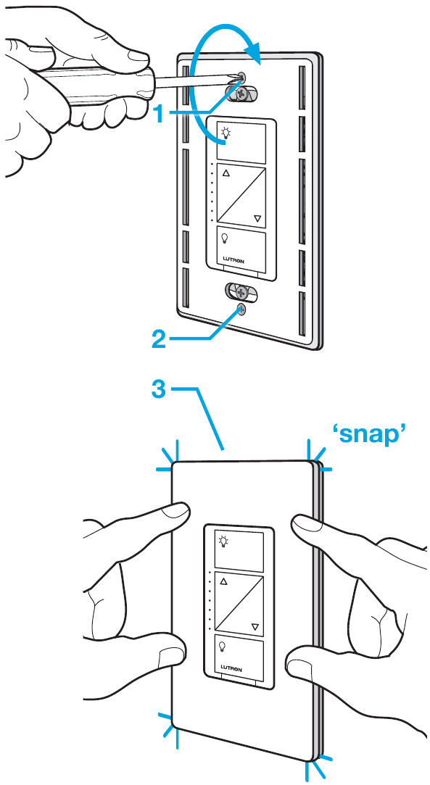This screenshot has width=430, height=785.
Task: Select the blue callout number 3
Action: point(158,389)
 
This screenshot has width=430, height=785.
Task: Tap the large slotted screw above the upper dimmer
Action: point(241,92)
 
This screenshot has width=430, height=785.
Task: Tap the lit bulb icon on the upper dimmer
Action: point(226,133)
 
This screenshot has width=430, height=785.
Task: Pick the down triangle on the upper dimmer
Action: point(257,217)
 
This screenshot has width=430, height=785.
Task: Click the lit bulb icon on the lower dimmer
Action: point(223,541)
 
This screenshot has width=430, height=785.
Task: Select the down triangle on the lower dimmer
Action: point(255,626)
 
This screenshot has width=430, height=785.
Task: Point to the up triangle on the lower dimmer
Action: point(223,582)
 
